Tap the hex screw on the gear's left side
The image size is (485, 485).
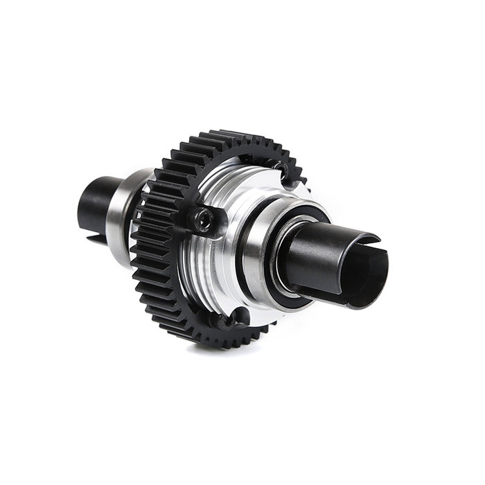pyautogui.click(x=202, y=220)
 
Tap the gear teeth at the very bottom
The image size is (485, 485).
pyautogui.click(x=208, y=339)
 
